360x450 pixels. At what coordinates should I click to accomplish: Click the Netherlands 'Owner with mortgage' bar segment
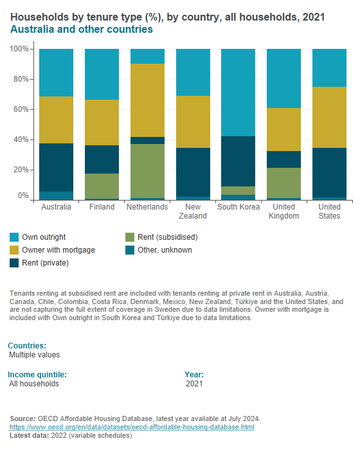tap(147, 100)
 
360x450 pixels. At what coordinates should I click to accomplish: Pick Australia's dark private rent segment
tap(57, 167)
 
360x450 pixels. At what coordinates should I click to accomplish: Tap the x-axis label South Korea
tap(239, 207)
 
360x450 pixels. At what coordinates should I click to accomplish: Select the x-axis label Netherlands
tap(147, 207)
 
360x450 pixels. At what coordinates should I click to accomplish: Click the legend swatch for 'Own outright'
tap(14, 237)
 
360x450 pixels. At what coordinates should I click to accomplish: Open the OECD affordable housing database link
tap(131, 427)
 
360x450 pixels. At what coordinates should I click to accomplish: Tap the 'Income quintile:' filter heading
tap(37, 374)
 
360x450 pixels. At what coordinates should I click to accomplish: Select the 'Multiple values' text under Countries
tap(35, 354)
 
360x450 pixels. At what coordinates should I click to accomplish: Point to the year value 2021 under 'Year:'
tap(194, 384)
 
